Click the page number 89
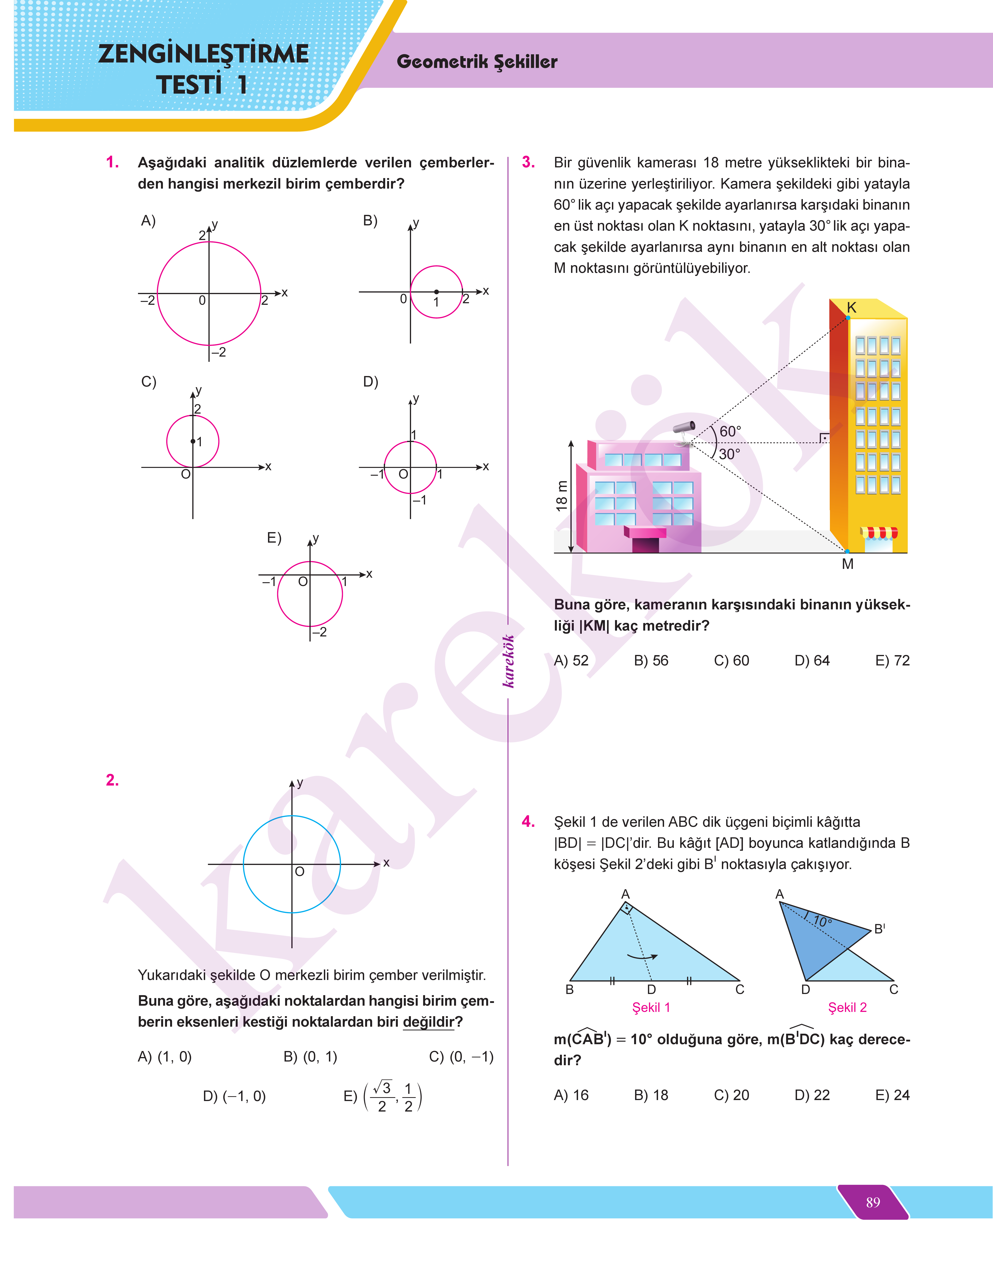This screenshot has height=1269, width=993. (873, 1202)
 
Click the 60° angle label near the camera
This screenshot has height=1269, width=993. (730, 431)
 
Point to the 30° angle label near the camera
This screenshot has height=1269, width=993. (730, 454)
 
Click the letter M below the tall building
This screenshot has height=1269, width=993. (848, 564)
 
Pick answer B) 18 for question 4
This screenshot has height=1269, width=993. (651, 1095)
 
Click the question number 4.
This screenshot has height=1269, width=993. (528, 821)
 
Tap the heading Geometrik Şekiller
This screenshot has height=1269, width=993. (477, 62)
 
